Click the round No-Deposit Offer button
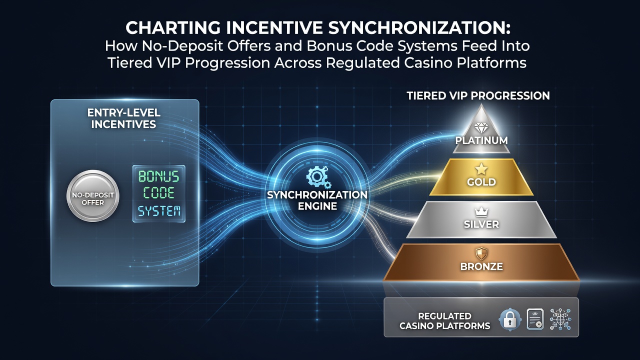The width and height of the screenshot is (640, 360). coord(93,196)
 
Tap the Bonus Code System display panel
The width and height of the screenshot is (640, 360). coord(159,193)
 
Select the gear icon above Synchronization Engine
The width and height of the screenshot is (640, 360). coord(317,177)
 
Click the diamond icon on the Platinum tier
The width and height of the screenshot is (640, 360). coord(481,128)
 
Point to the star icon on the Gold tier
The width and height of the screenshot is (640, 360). coord(481,169)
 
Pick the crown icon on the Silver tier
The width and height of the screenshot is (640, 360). coord(481,212)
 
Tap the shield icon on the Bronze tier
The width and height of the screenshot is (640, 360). coord(481,253)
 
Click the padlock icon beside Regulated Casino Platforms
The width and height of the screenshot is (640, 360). coord(510,319)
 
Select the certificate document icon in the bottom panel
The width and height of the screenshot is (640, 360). coord(535,319)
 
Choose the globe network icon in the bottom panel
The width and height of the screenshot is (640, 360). coord(560,319)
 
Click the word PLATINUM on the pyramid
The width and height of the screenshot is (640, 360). coord(481,140)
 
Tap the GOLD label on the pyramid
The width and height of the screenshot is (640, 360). coord(481,182)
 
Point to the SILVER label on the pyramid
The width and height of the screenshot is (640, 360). coord(481,224)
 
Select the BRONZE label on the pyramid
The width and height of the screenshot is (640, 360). coord(481,266)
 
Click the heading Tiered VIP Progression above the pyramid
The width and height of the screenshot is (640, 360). coord(478,95)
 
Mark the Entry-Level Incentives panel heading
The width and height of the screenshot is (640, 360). coord(123,118)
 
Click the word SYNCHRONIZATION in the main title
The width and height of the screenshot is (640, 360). coord(419,28)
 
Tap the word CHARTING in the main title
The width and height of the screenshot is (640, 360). coord(173,28)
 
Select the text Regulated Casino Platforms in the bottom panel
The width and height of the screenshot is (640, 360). coord(445,321)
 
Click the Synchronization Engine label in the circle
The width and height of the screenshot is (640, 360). coord(317,200)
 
